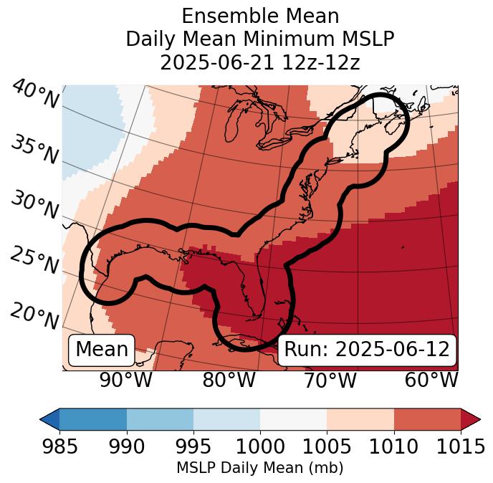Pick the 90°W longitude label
[x=126, y=381]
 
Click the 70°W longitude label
[x=330, y=381]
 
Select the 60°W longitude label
[x=431, y=381]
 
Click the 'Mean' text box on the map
[x=102, y=350]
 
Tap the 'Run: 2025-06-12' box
[x=367, y=350]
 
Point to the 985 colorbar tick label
[x=59, y=447]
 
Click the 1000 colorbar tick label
[x=260, y=447]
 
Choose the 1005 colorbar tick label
[x=327, y=447]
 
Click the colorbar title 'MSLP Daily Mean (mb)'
[x=259, y=469]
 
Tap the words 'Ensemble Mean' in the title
[x=259, y=16]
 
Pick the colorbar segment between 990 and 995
[x=160, y=419]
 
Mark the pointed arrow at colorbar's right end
[x=471, y=419]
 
